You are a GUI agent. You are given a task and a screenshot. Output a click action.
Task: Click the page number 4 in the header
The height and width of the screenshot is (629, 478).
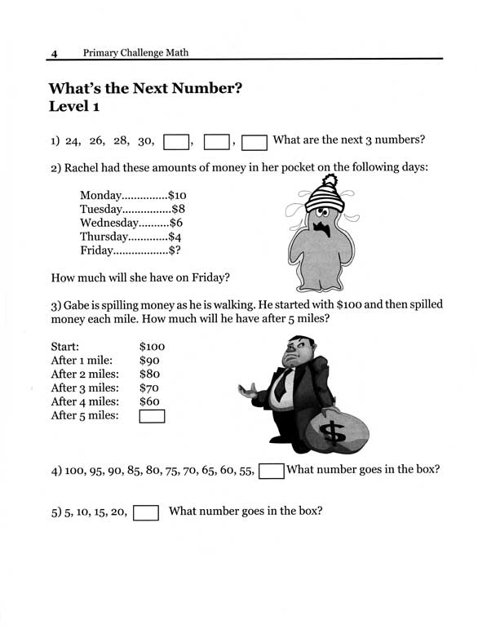pyautogui.click(x=54, y=54)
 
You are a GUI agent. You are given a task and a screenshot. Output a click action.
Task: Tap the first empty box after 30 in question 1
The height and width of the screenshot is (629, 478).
pyautogui.click(x=176, y=142)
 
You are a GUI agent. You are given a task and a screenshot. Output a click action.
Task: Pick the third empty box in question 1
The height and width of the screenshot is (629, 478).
pyautogui.click(x=255, y=142)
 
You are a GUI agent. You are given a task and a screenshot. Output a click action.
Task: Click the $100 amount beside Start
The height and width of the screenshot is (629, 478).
pyautogui.click(x=153, y=346)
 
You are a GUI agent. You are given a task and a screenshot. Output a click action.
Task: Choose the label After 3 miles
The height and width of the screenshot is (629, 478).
pyautogui.click(x=85, y=388)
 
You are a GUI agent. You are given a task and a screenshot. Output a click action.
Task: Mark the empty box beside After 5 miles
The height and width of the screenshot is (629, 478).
pyautogui.click(x=153, y=416)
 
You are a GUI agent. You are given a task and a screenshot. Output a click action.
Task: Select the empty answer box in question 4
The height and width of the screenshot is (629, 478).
pyautogui.click(x=271, y=470)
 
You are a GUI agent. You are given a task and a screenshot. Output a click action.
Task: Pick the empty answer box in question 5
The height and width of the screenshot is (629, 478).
pyautogui.click(x=145, y=512)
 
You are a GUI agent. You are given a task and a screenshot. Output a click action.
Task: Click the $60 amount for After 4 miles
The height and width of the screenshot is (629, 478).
pyautogui.click(x=150, y=401)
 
